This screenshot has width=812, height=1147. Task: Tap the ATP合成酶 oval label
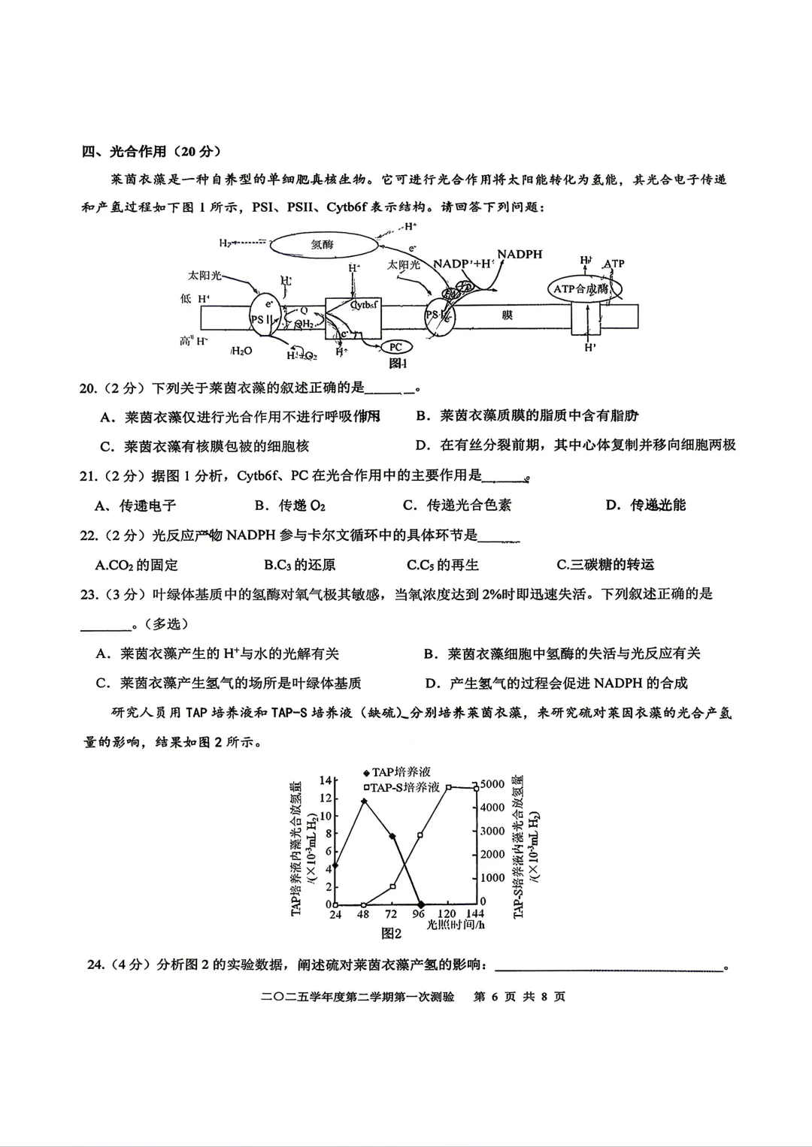[580, 288]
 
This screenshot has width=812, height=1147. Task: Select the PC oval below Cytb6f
[395, 347]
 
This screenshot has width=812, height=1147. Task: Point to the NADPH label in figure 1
[520, 255]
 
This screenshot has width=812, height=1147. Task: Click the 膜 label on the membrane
[507, 315]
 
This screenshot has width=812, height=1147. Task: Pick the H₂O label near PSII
[242, 351]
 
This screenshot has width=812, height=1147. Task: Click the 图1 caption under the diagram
[397, 364]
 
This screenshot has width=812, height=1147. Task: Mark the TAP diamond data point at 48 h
[364, 801]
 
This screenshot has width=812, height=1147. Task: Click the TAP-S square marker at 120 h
[449, 787]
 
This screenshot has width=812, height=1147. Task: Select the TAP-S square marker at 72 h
[392, 886]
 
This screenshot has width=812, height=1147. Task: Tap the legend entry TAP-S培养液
[401, 787]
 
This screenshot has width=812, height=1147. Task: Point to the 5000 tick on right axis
[492, 784]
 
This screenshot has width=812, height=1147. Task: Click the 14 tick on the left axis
[325, 780]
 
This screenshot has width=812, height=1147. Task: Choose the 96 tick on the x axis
[419, 914]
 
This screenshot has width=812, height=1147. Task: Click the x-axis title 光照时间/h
[456, 925]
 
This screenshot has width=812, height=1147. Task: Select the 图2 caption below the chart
[391, 934]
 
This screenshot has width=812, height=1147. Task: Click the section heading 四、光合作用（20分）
[151, 152]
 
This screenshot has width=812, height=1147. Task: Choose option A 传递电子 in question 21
[137, 506]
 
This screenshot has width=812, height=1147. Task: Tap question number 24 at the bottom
[95, 964]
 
